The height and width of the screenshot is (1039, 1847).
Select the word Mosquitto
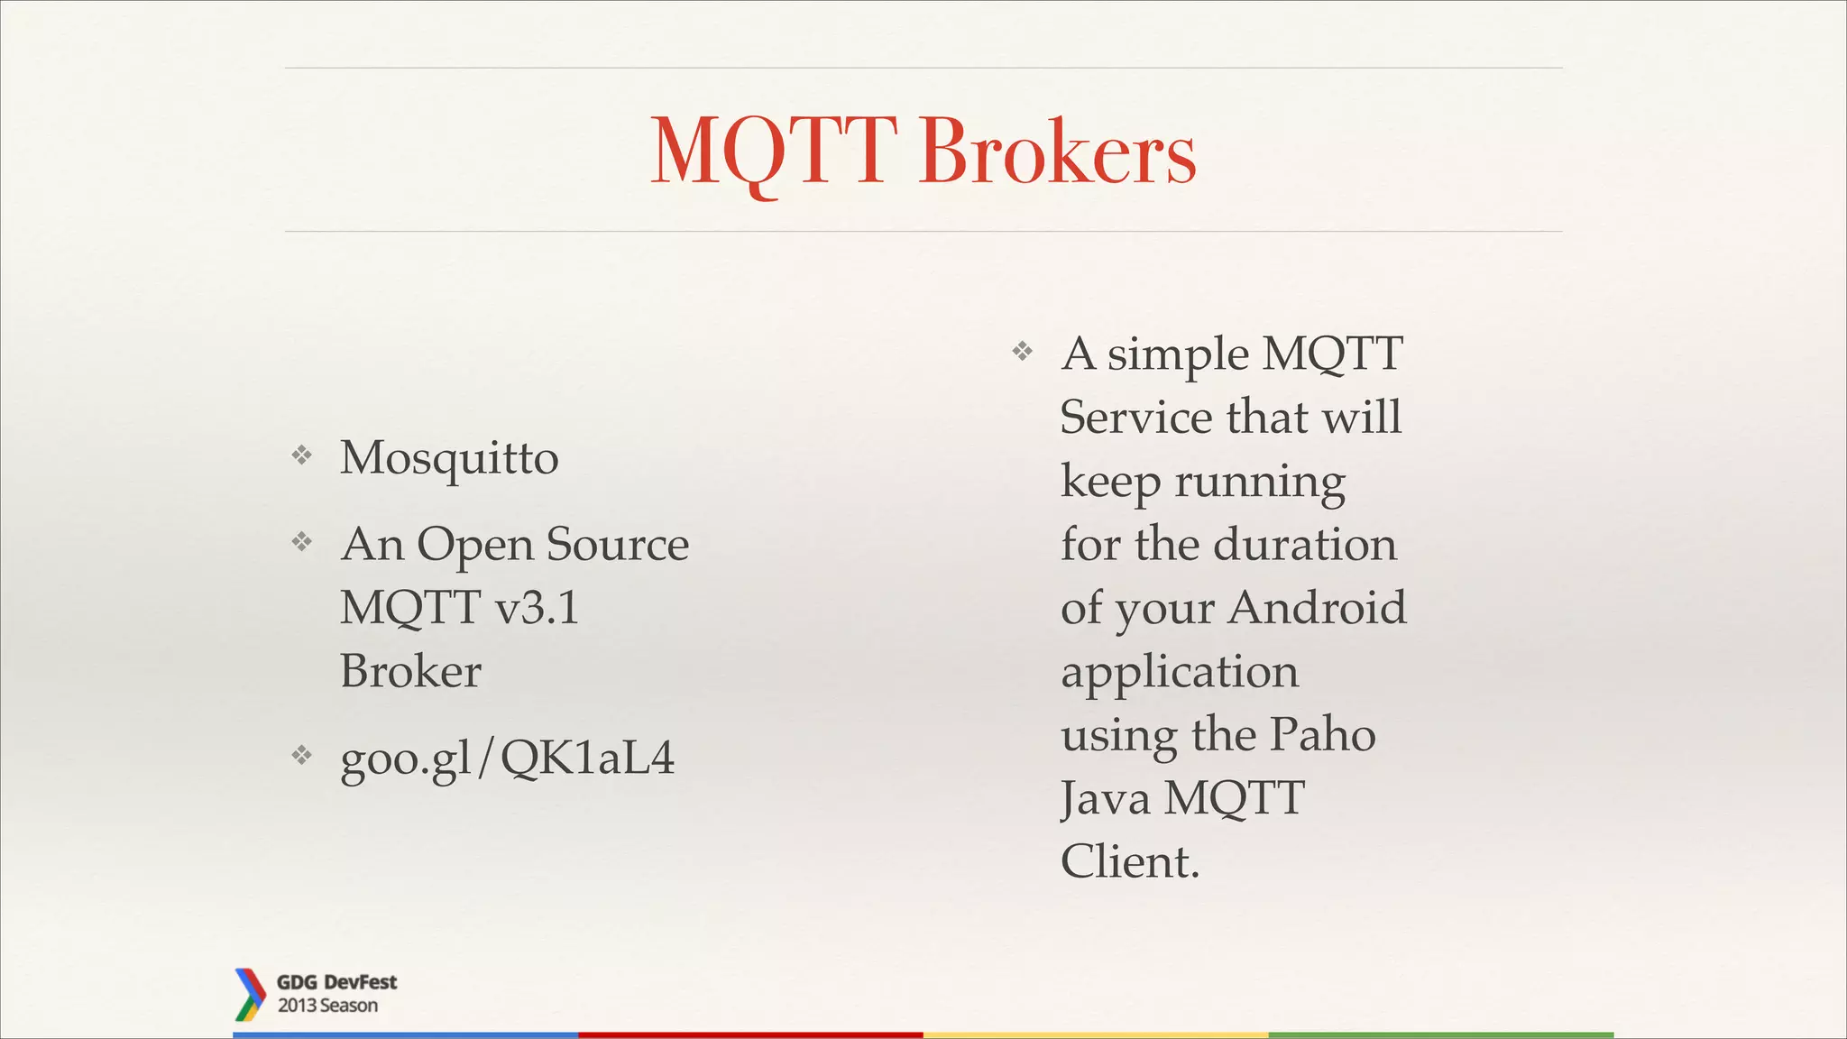tap(449, 458)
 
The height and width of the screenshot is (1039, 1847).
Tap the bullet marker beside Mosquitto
tap(302, 455)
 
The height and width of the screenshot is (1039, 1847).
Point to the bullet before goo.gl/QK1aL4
tap(302, 755)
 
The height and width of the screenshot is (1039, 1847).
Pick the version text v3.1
tap(538, 608)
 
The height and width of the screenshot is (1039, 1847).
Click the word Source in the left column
tap(618, 545)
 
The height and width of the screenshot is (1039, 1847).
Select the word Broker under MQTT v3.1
tap(410, 672)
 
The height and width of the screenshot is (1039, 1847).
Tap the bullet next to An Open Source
tap(302, 542)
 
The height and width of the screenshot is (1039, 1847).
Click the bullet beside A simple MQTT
tap(1022, 351)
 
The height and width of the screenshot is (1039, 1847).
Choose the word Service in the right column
tap(1135, 418)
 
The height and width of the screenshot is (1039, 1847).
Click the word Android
tap(1317, 608)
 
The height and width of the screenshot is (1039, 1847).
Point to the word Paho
tap(1322, 735)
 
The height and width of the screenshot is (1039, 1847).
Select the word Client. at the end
tap(1130, 862)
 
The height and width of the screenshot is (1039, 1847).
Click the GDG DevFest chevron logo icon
tap(249, 994)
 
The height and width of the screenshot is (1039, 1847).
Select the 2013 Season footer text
tap(327, 1006)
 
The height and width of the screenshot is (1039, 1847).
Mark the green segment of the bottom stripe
tap(1440, 1034)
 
